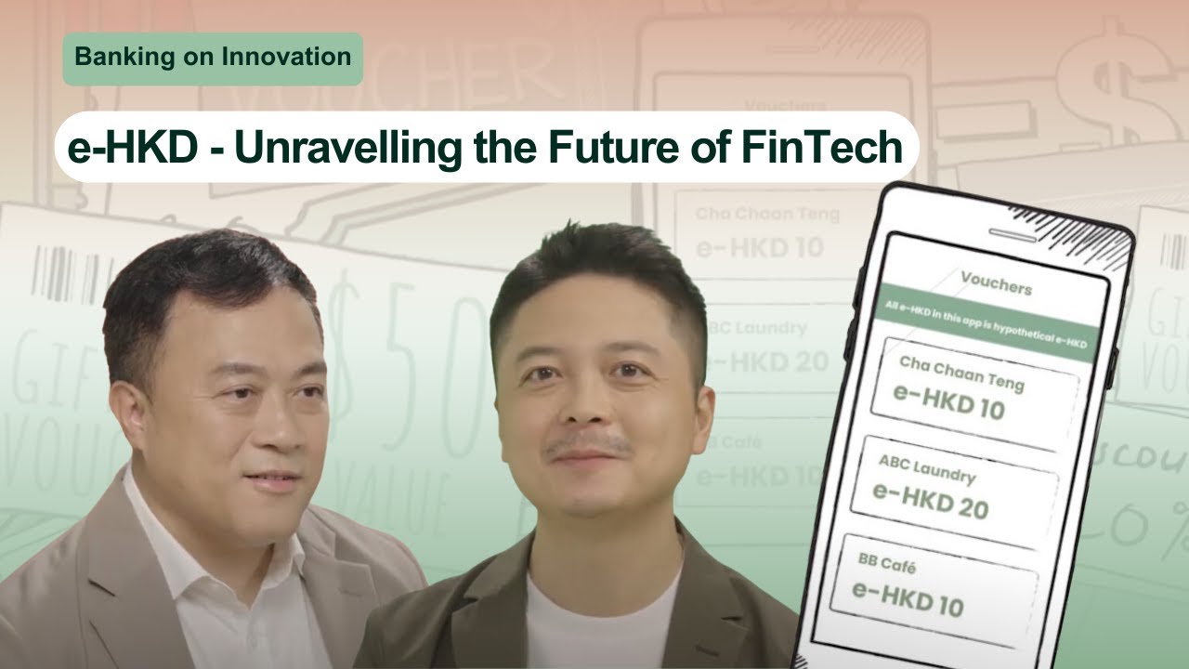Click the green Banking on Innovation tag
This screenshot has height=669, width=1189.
(213, 58)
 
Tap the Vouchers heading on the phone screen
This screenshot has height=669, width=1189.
(996, 282)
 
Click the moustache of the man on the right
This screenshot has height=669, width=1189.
(587, 443)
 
